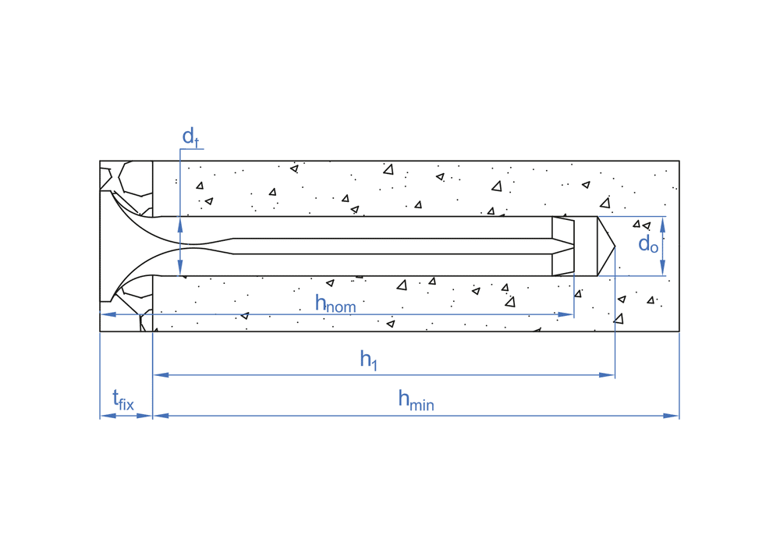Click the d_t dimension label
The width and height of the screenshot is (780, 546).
[x=190, y=136]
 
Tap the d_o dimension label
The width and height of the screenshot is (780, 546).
[x=648, y=245]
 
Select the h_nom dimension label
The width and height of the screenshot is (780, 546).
[x=335, y=303]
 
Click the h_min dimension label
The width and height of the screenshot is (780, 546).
[x=416, y=400]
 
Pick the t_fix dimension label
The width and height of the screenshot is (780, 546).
[x=123, y=401]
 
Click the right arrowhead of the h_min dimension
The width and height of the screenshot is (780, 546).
[x=672, y=416]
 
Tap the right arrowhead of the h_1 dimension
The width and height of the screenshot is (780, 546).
[x=608, y=375]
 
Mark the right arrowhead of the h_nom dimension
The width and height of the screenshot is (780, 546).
[x=567, y=314]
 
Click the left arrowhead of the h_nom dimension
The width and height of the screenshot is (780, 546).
[x=108, y=314]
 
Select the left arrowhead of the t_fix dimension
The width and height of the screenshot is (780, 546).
[x=108, y=416]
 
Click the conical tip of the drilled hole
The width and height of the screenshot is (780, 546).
[x=614, y=246]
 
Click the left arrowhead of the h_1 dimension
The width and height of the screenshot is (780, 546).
[x=161, y=375]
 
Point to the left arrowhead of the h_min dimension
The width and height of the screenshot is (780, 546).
[x=161, y=416]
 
